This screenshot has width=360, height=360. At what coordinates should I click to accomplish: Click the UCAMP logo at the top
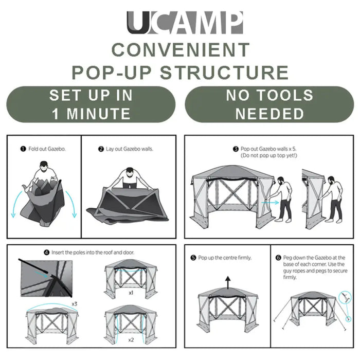point(185,23)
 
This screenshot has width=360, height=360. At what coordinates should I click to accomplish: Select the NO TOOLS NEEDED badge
point(269,104)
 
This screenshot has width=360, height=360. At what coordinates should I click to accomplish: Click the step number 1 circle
point(23,149)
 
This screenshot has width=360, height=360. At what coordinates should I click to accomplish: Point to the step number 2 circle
point(101,149)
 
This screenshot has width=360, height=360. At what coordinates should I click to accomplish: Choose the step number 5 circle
point(193,257)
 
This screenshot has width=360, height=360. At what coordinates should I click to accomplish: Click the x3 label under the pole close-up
point(75,303)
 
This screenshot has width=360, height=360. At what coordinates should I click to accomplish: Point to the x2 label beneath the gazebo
point(131,340)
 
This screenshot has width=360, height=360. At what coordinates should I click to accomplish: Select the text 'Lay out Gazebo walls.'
point(130,149)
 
